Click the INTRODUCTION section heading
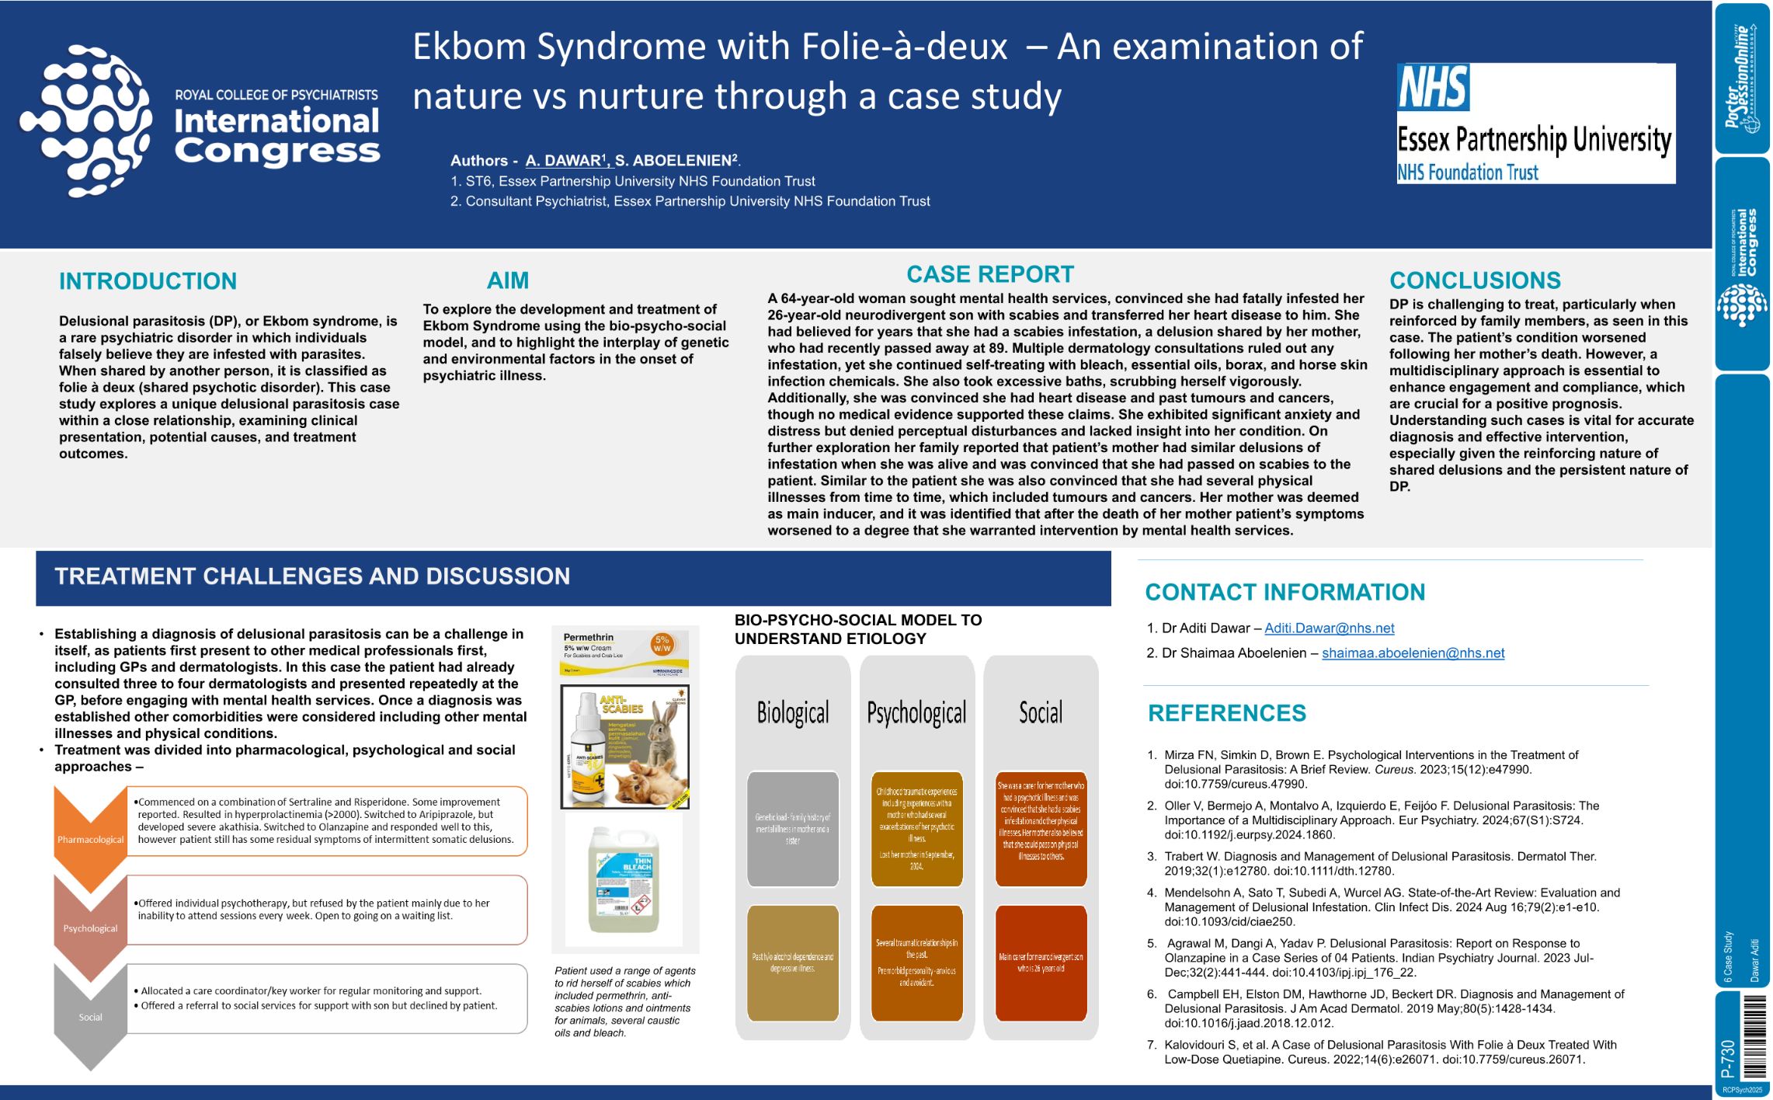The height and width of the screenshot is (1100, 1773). [148, 281]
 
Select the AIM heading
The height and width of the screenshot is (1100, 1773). [507, 280]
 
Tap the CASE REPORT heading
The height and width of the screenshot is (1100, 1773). [990, 274]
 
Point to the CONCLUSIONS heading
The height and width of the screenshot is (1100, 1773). [1475, 280]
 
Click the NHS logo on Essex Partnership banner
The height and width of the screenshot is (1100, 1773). [1433, 87]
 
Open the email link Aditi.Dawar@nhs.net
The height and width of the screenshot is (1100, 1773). [1329, 628]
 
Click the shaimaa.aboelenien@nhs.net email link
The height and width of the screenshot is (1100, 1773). [1413, 653]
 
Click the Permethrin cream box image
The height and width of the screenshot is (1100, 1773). [625, 651]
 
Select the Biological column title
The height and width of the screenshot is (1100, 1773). [793, 712]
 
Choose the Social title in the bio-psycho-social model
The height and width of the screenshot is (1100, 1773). [1040, 712]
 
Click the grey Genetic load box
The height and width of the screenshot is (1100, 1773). [793, 829]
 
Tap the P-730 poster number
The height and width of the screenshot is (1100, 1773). [1727, 1058]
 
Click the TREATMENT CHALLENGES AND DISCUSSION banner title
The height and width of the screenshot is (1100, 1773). [312, 576]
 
